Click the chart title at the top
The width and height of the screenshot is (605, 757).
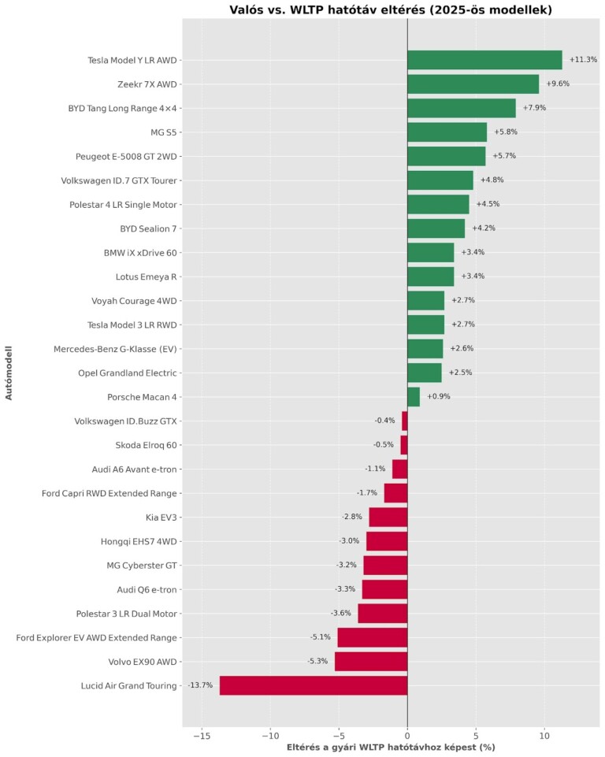pos(391,10)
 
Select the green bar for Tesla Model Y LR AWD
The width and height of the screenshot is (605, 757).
pos(484,60)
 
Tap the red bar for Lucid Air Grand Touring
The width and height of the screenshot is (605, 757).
pos(313,685)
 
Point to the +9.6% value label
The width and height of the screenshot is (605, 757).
pos(558,84)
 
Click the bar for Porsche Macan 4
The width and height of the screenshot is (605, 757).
pos(414,396)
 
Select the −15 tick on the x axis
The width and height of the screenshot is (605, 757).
pos(202,735)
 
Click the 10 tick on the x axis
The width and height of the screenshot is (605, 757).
pos(544,735)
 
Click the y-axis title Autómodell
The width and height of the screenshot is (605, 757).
pos(9,372)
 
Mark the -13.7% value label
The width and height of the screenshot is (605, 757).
pos(200,685)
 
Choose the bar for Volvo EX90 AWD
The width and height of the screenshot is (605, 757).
pos(371,661)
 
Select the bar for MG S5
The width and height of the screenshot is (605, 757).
pos(447,132)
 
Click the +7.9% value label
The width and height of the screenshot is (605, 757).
pos(534,108)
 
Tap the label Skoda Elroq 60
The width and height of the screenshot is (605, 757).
pos(146,445)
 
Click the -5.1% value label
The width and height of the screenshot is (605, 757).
pos(320,637)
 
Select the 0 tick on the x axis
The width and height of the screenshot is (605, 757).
pos(407,735)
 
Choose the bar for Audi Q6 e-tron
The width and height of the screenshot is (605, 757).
pos(384,589)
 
